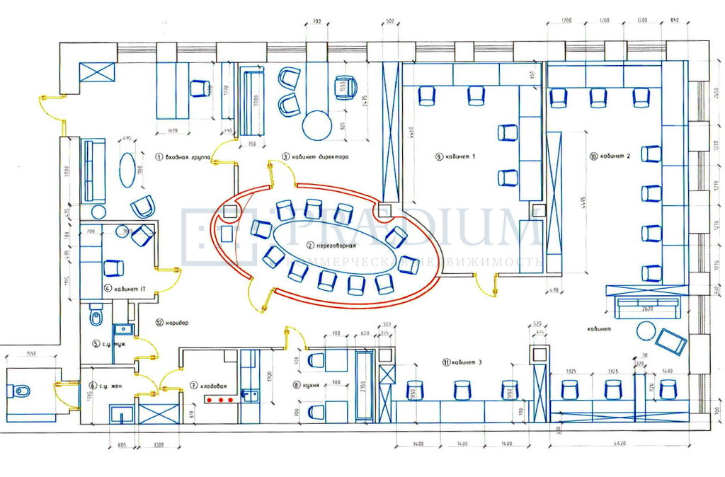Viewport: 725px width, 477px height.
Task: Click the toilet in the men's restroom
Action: click(x=96, y=318)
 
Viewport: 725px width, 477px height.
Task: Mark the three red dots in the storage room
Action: click(x=219, y=400)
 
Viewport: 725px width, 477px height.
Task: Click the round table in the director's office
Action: click(x=317, y=125)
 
